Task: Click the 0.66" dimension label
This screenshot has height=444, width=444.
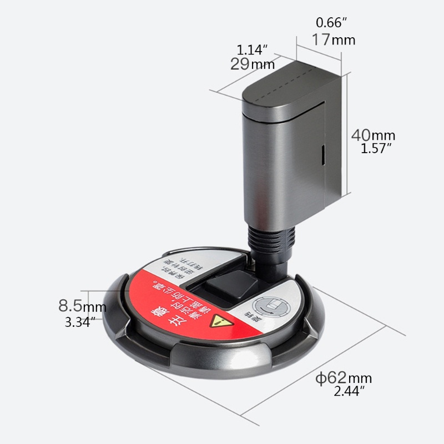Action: (331, 23)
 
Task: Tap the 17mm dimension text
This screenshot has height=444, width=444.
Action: (333, 40)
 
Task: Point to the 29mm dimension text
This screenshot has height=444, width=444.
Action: (253, 64)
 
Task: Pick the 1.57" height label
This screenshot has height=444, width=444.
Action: (376, 148)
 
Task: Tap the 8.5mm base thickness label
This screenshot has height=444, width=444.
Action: (82, 306)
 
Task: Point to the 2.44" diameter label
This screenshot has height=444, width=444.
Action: (350, 392)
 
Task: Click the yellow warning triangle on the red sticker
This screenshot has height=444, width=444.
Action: (223, 322)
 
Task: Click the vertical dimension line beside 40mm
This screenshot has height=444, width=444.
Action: (348, 133)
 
